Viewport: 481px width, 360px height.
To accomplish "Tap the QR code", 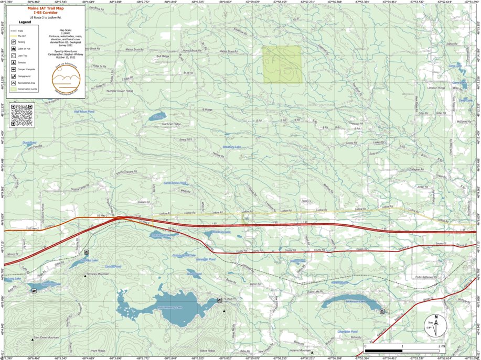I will [x=22, y=115].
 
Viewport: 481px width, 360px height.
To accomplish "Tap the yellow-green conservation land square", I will [x=282, y=64].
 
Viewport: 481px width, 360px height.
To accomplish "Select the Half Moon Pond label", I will [x=84, y=112].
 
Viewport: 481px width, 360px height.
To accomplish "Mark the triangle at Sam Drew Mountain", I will [x=33, y=340].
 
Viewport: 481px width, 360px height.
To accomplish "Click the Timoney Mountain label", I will [x=98, y=274].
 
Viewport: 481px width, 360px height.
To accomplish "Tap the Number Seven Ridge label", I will [x=120, y=91].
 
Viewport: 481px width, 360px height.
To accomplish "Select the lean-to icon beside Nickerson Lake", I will [x=381, y=311].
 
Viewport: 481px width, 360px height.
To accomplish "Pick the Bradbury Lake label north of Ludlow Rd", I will [x=231, y=147].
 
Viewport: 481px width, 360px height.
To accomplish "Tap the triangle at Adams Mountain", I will [x=312, y=353].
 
